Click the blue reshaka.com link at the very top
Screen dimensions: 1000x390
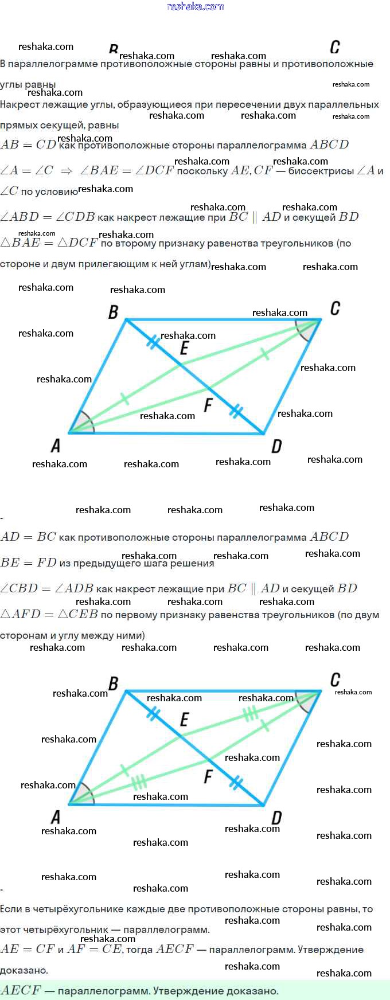click(x=195, y=6)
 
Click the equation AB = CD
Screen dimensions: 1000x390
click(x=28, y=144)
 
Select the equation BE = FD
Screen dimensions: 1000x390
click(x=28, y=562)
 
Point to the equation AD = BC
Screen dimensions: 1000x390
click(x=28, y=537)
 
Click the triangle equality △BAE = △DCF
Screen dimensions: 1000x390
click(x=49, y=243)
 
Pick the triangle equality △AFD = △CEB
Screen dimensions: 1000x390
click(x=49, y=614)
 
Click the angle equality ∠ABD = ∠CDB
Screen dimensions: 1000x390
click(x=47, y=217)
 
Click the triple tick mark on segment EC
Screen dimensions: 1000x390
click(x=250, y=714)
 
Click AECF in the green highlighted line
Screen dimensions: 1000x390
click(x=21, y=990)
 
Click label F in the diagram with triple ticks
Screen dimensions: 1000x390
click(x=208, y=777)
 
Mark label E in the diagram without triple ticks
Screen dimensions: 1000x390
click(x=184, y=348)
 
